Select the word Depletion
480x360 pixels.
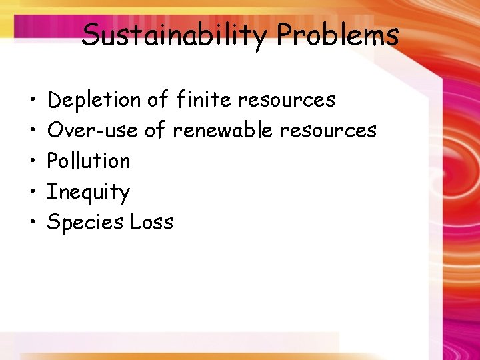pos(94,100)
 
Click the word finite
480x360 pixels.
pos(204,99)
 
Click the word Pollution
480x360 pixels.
pos(89,161)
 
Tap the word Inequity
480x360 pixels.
pos(87,192)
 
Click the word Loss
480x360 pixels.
pos(151,222)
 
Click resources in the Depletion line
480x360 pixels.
pos(287,100)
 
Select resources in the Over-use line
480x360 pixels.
pos(328,130)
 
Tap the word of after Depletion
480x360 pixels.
pos(158,99)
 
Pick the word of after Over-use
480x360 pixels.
pos(155,130)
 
